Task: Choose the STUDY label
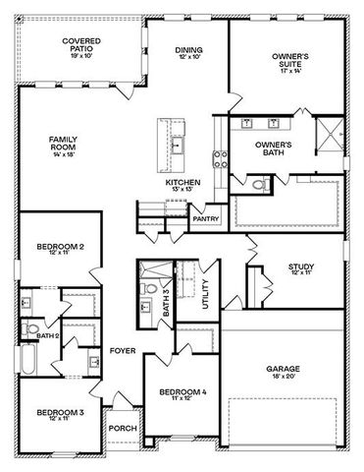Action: pos(301,269)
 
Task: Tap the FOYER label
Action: pos(122,350)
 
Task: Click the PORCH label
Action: pos(123,428)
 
